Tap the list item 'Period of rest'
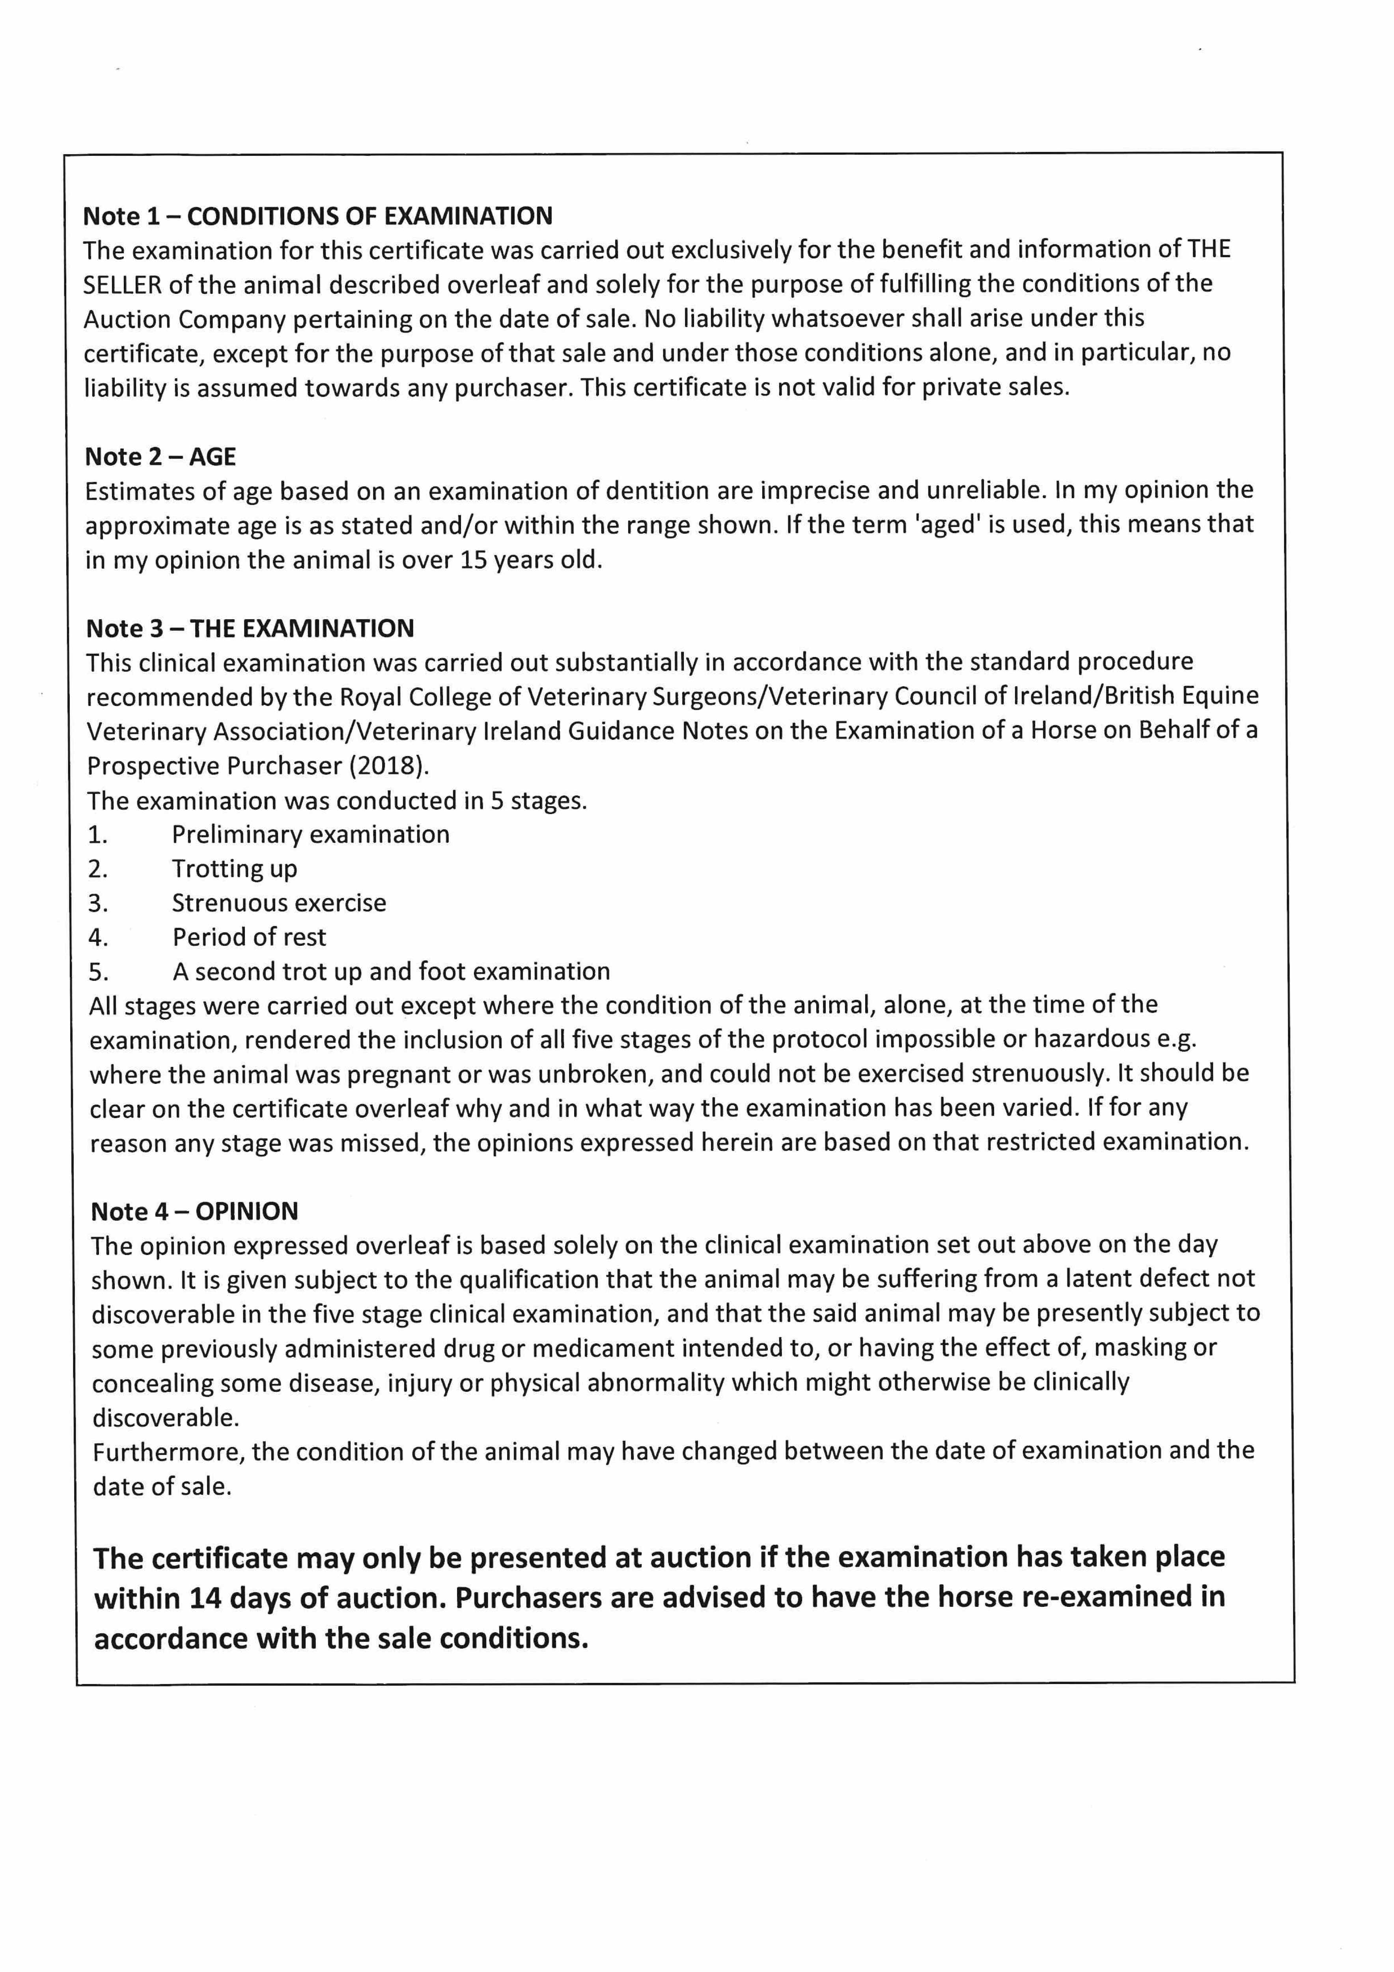pos(249,937)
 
